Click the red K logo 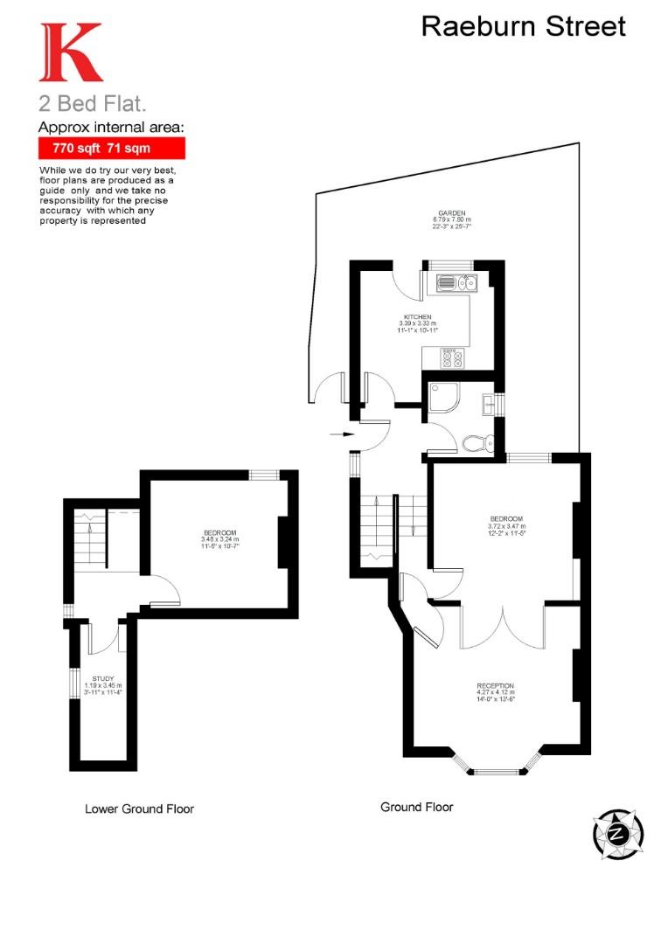click(69, 52)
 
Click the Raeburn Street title click(523, 26)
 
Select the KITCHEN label click(417, 317)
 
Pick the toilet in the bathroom click(477, 443)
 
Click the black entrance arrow click(342, 433)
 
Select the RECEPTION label click(495, 686)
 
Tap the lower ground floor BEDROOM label click(219, 532)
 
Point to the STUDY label click(103, 678)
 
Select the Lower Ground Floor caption click(139, 809)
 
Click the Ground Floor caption click(416, 807)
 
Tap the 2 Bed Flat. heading click(92, 103)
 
